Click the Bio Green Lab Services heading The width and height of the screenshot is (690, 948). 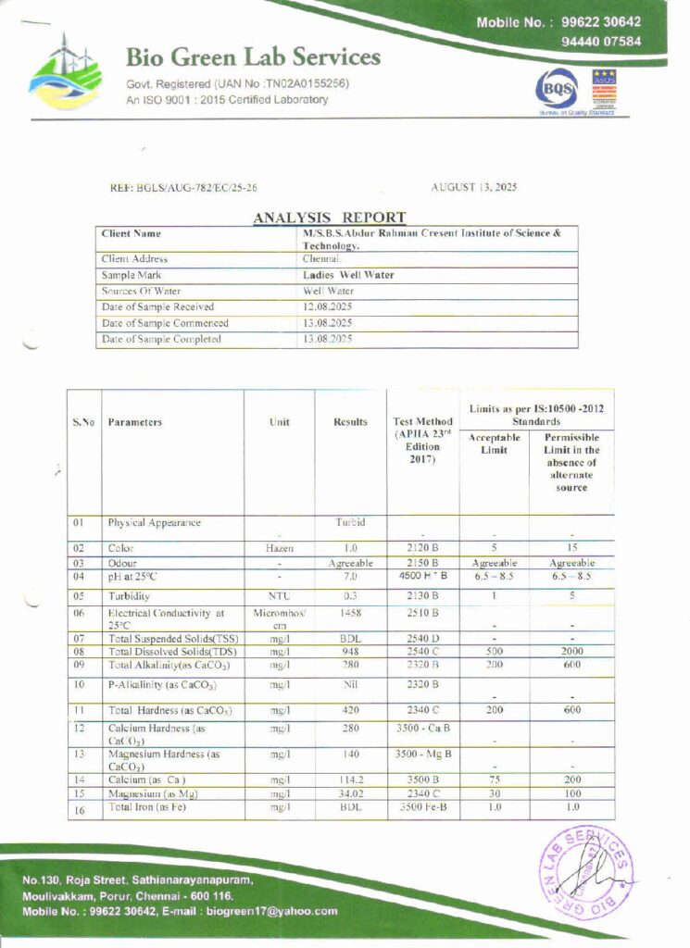click(253, 57)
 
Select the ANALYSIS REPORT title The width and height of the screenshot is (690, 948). click(330, 218)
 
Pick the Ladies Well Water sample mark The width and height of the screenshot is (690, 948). click(348, 275)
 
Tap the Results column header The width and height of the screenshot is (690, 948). click(350, 422)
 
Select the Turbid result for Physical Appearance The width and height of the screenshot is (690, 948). click(351, 522)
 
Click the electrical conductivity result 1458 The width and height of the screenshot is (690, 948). click(351, 613)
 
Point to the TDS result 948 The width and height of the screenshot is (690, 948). click(351, 652)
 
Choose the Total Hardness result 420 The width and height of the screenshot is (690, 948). click(351, 711)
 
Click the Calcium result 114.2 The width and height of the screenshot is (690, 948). click(351, 780)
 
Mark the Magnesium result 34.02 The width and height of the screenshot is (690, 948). click(351, 793)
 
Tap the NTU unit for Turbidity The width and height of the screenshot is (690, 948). click(279, 596)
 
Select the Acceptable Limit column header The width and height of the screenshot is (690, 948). click(494, 443)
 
